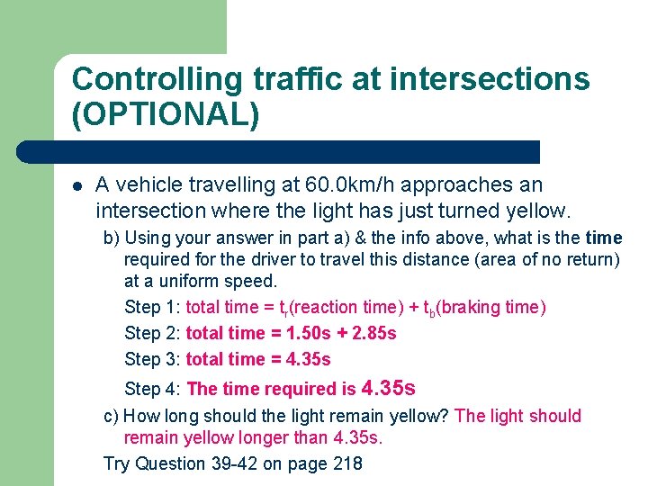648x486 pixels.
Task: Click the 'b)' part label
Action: tap(112, 238)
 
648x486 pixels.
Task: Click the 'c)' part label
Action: tap(112, 416)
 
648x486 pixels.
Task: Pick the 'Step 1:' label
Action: tap(152, 307)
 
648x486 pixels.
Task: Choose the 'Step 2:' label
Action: tap(152, 333)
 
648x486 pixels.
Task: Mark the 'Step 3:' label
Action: tap(152, 359)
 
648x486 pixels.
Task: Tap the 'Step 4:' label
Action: tap(152, 389)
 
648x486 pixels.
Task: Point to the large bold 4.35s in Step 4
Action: tap(388, 388)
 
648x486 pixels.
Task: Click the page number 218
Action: tap(348, 463)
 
